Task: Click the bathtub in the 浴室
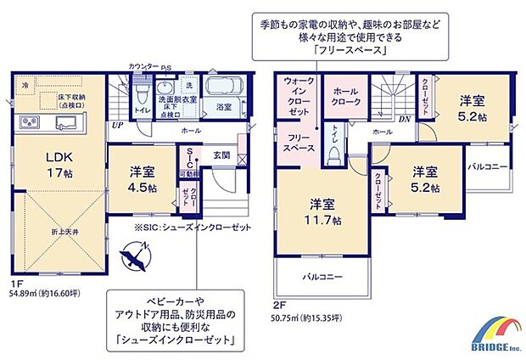(x=226, y=87)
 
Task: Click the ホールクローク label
(x=348, y=97)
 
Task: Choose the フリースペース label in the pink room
(x=297, y=140)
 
